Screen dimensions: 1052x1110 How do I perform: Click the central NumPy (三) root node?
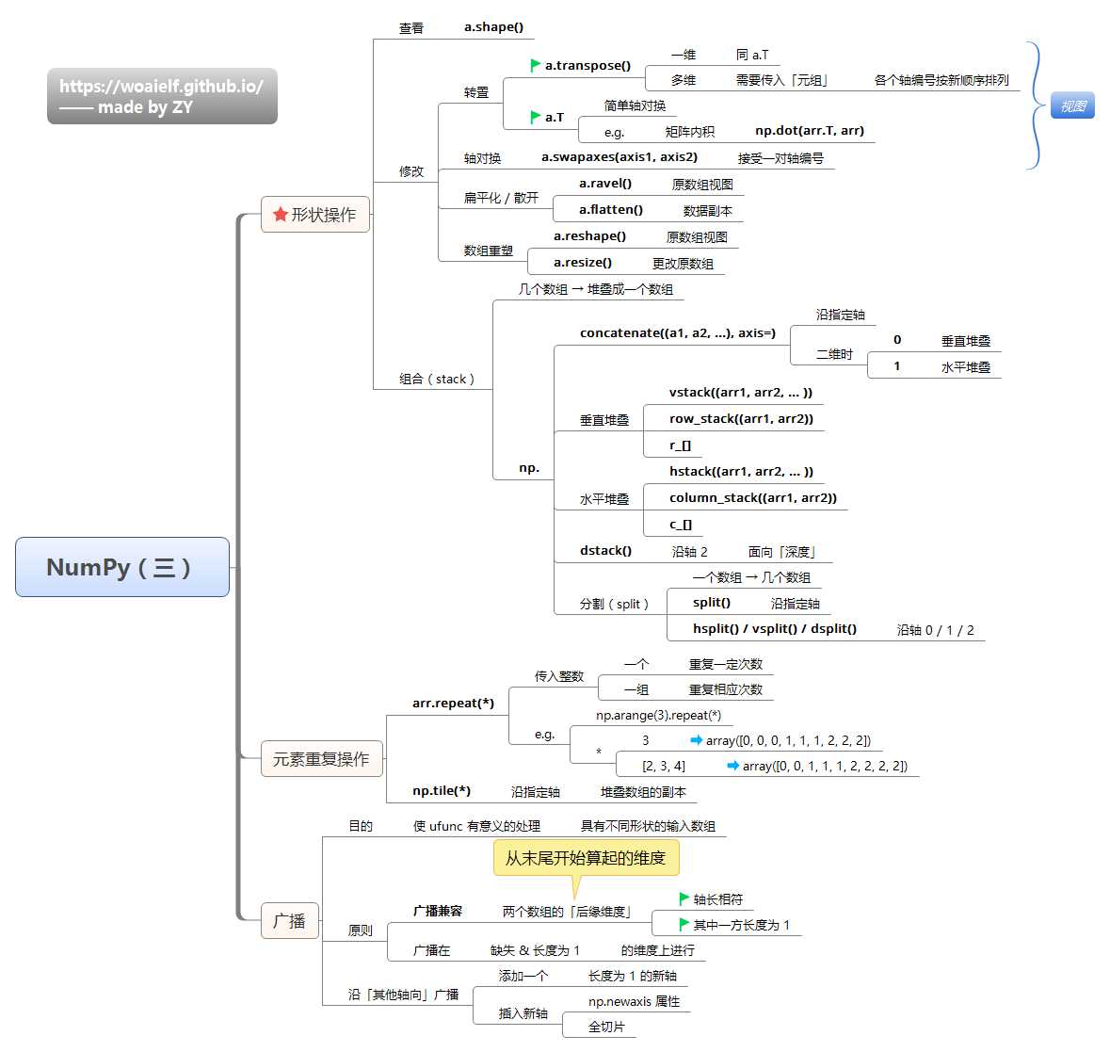122,567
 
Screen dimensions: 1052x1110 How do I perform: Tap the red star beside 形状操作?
280,215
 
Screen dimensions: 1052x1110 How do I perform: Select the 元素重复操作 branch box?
321,759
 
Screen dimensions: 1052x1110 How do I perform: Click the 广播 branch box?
290,920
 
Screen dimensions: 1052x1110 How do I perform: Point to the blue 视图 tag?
1072,106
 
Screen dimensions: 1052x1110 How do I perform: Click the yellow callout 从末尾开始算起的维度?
586,858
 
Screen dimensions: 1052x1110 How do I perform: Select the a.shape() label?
493,27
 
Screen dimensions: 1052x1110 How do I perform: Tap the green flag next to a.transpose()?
536,66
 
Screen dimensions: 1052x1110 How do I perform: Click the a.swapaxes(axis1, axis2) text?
619,157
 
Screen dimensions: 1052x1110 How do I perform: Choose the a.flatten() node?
611,210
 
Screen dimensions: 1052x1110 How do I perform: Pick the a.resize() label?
583,263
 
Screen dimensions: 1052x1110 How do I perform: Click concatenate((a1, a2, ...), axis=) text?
678,333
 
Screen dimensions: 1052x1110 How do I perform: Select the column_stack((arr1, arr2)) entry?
752,498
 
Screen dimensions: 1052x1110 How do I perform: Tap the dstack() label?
605,551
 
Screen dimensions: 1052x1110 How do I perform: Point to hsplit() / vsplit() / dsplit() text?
775,629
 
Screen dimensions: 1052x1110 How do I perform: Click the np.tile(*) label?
442,791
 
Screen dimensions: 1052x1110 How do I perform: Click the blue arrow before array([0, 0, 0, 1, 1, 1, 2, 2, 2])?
697,740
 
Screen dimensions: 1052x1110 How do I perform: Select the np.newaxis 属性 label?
634,1001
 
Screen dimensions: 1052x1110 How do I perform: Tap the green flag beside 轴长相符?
684,899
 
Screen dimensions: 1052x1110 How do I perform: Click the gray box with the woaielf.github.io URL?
162,96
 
